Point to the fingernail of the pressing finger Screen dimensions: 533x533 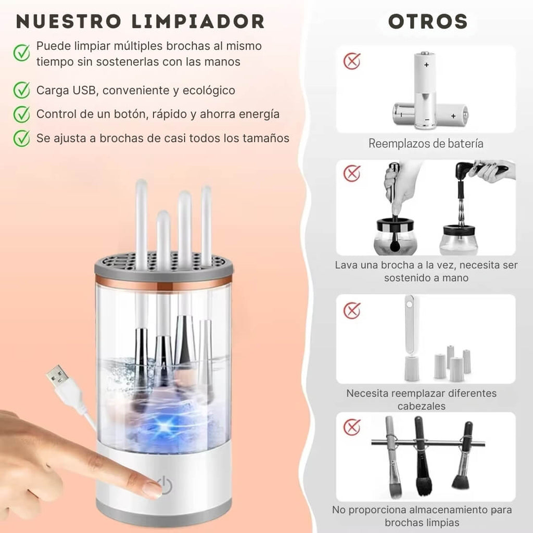(x=151, y=489)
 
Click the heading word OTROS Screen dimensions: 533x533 (x=428, y=22)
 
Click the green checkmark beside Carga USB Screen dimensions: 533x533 (x=21, y=90)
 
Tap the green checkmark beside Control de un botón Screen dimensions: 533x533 (x=21, y=114)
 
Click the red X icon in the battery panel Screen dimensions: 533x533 (x=352, y=61)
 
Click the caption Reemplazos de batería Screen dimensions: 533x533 (x=426, y=144)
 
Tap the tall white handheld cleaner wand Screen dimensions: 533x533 (x=410, y=338)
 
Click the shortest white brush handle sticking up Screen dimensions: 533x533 (x=163, y=234)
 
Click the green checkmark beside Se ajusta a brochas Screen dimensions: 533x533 (x=21, y=138)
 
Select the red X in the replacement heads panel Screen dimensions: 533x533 (x=352, y=311)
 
